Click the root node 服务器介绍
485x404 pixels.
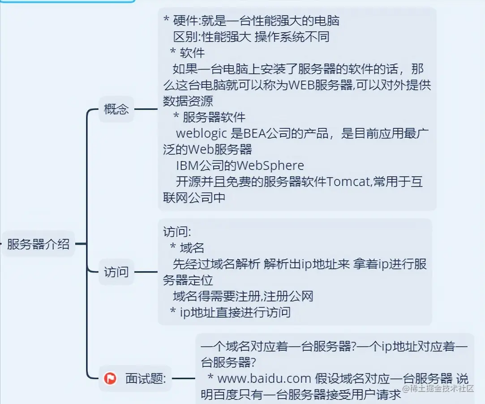coord(38,244)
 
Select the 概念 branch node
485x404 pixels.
coord(116,109)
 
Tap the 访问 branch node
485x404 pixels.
coord(116,272)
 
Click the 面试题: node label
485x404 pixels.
coord(146,379)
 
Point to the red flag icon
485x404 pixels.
coord(110,379)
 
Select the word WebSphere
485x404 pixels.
coord(270,166)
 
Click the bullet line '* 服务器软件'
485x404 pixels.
coord(210,117)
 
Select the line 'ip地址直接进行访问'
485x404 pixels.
coord(235,312)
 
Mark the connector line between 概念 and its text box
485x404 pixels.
coord(146,109)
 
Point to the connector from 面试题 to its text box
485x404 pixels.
coord(184,379)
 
